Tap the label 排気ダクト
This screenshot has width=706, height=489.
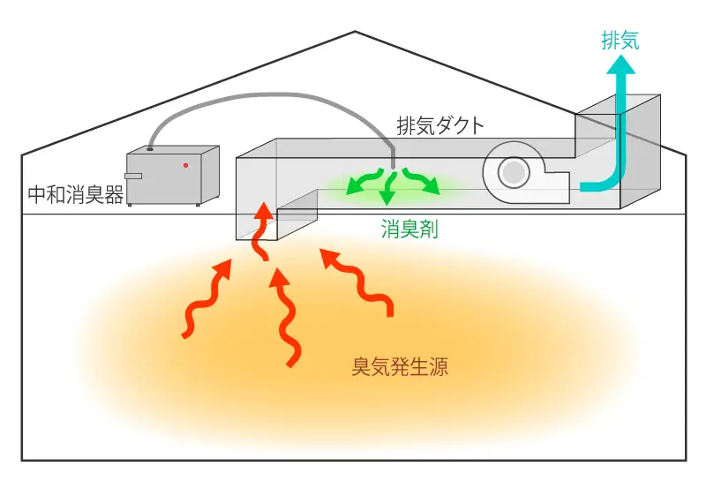(440, 125)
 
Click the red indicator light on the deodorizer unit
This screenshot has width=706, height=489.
(185, 165)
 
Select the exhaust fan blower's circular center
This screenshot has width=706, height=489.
(513, 171)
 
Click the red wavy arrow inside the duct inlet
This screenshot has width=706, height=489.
(262, 229)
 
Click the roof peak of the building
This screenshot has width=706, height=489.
(355, 33)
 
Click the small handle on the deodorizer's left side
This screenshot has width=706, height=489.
(133, 176)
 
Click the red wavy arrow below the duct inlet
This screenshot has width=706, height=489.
(285, 318)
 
